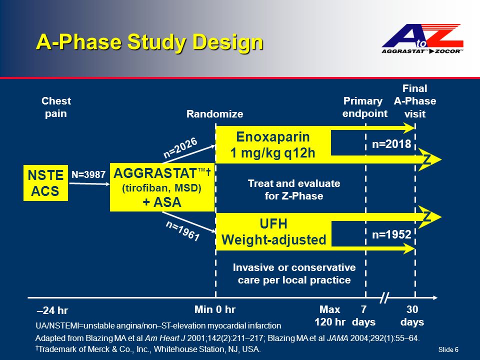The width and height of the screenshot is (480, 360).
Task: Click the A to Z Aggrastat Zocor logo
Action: [x=422, y=38]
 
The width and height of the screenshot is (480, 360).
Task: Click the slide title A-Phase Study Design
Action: [x=149, y=41]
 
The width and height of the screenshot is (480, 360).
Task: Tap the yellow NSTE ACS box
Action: [x=45, y=183]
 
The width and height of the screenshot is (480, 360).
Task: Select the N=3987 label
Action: [x=88, y=174]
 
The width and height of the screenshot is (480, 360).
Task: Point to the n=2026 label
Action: [x=180, y=147]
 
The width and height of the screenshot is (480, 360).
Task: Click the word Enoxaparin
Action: [x=273, y=136]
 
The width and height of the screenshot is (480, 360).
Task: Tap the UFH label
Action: [x=273, y=224]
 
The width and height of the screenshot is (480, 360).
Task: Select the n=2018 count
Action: [x=391, y=144]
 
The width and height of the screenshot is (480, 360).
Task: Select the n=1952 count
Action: [x=391, y=234]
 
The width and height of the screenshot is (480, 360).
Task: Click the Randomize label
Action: [x=214, y=114]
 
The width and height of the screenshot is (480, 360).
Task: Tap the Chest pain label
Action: [x=56, y=107]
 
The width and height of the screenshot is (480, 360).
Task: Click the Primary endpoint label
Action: [x=364, y=107]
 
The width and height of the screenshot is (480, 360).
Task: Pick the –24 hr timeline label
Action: [x=52, y=310]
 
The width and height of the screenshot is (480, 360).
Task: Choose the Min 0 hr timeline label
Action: [x=215, y=309]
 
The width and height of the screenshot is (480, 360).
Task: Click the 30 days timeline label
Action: [x=412, y=315]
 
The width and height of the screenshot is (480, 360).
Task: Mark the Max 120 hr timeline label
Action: [x=330, y=315]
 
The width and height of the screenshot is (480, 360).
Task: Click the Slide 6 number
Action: [x=448, y=349]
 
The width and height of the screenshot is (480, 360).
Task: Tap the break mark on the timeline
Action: [x=384, y=297]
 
